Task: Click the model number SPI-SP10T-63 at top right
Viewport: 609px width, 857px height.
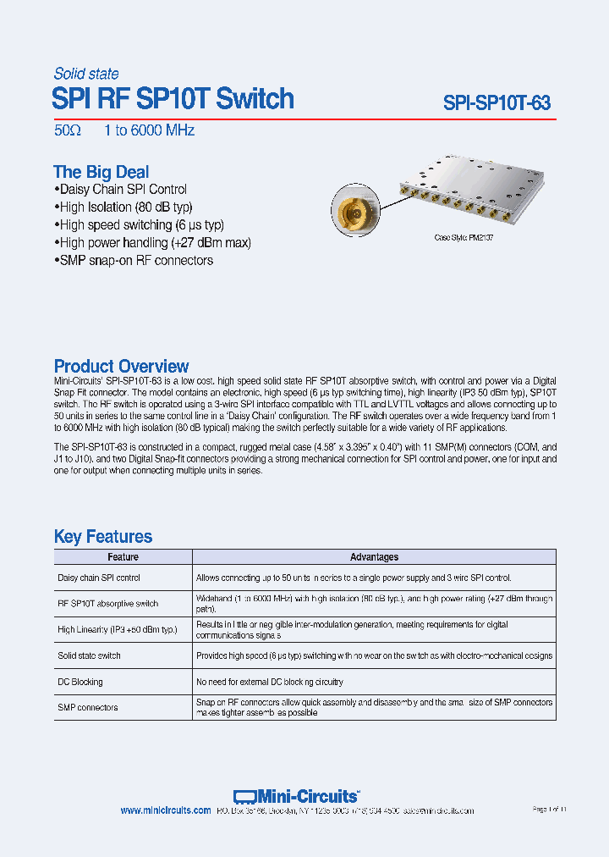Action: click(497, 103)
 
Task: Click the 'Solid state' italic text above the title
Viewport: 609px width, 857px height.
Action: click(86, 74)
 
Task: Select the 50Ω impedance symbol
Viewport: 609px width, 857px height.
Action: click(67, 130)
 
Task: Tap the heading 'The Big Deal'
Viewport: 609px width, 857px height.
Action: click(101, 172)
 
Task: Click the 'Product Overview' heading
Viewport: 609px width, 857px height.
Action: click(121, 366)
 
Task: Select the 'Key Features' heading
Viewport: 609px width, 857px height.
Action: click(103, 536)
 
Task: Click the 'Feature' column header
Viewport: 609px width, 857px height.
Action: click(123, 557)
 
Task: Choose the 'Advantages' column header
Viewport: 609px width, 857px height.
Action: click(374, 557)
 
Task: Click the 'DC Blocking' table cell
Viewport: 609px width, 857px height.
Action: click(80, 682)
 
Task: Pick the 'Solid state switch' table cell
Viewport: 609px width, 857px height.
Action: click(89, 655)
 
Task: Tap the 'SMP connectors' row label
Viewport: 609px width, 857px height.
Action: click(88, 707)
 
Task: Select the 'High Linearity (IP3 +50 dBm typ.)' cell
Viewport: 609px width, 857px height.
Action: click(118, 630)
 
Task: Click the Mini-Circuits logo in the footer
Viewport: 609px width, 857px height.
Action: click(296, 796)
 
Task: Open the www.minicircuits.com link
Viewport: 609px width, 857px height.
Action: click(166, 810)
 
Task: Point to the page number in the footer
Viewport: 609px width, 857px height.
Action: click(548, 810)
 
